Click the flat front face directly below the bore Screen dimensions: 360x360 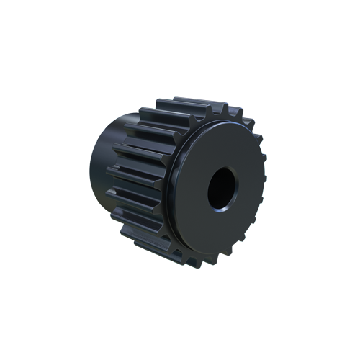tap(220, 230)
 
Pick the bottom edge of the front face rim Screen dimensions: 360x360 tap(216, 253)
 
